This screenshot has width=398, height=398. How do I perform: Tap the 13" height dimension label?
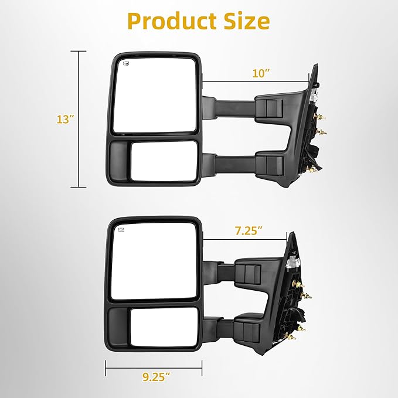[65, 120]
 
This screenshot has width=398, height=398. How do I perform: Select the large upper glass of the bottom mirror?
[154, 261]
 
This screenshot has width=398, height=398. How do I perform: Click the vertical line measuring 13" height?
[78, 120]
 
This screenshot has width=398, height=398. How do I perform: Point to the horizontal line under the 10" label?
[255, 82]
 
